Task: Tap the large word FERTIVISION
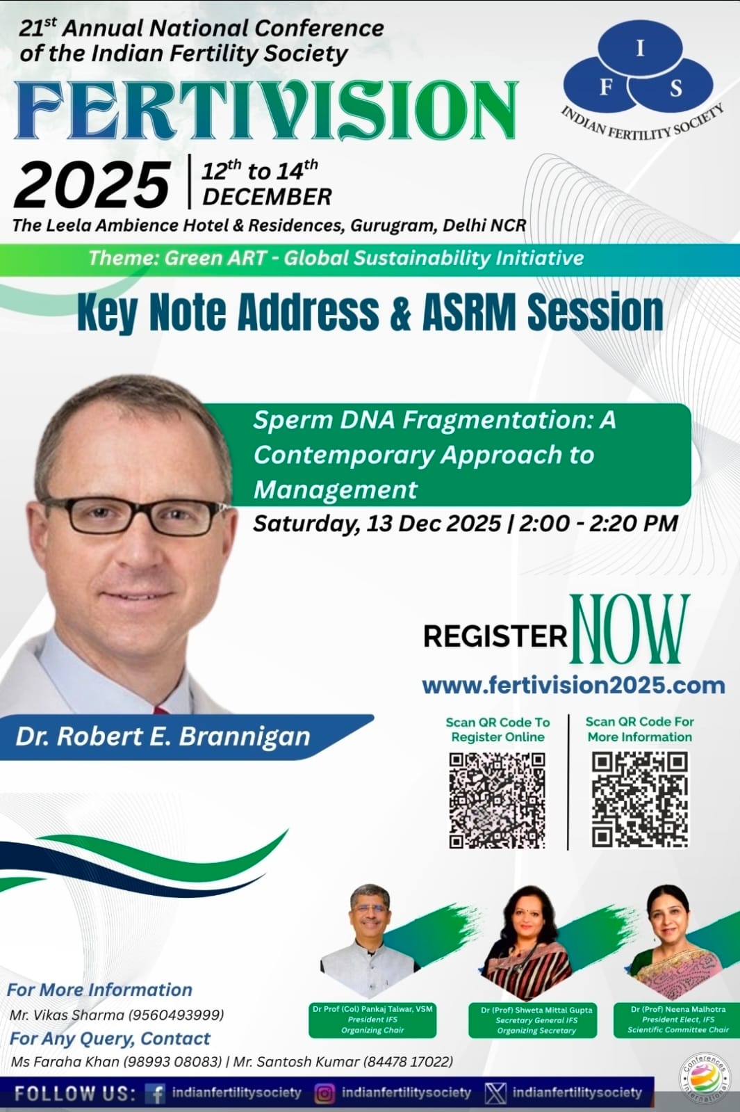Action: (267, 110)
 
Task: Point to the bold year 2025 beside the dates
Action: (92, 185)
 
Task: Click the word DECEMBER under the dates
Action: (268, 197)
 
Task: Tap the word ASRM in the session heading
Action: (469, 312)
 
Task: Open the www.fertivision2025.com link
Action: (573, 686)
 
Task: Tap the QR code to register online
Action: (497, 800)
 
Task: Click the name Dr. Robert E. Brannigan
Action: (163, 736)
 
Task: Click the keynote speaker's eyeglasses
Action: (134, 516)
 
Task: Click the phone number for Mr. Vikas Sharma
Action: (176, 1015)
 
